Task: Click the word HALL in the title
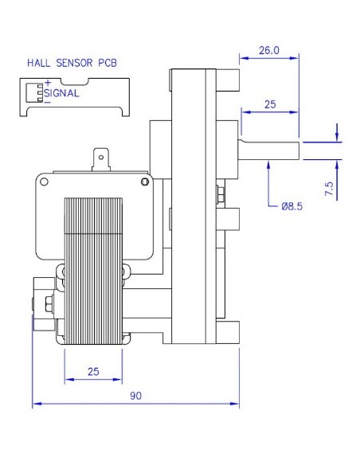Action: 39,61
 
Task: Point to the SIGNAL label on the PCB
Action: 61,93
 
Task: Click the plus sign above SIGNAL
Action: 48,83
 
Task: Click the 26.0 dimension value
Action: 268,49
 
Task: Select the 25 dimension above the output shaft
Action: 268,104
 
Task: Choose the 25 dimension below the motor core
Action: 93,371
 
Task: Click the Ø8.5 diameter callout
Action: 292,206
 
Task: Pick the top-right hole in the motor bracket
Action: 143,182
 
